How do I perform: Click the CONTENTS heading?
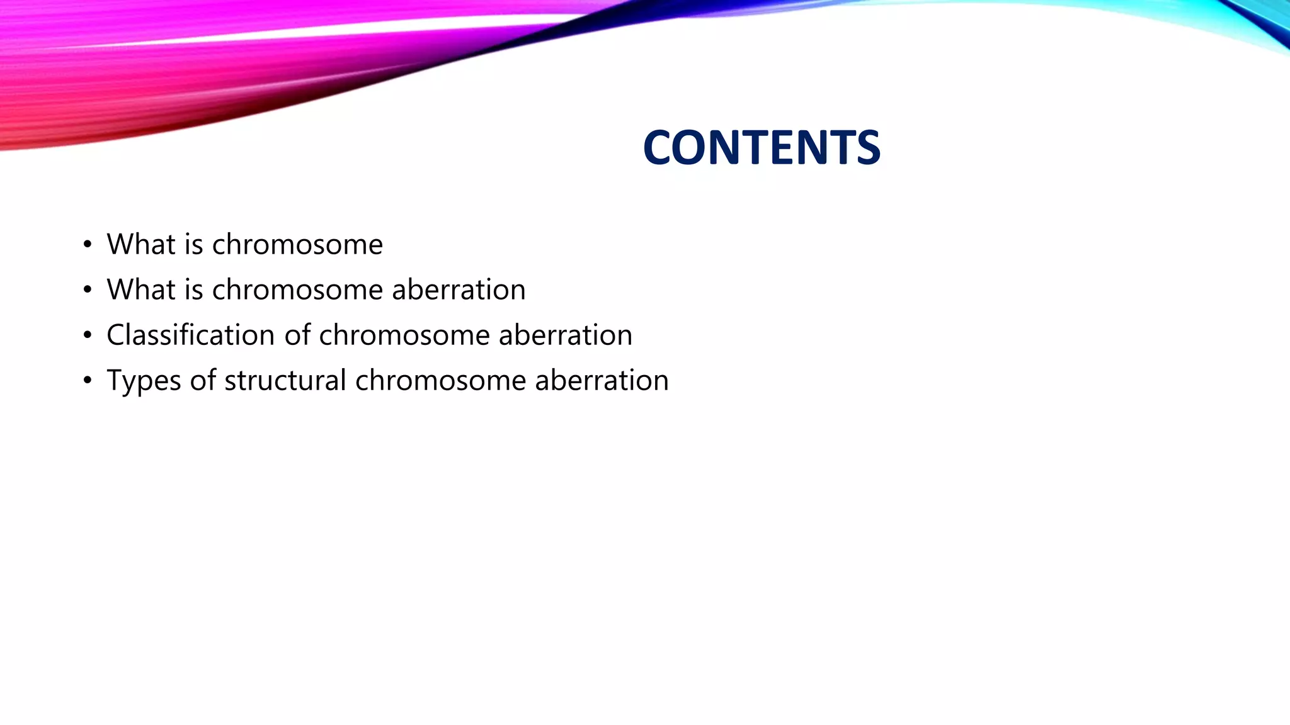(761, 148)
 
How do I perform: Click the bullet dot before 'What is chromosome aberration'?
(88, 290)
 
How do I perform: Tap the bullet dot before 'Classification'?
(88, 335)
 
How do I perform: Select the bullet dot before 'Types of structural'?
(88, 381)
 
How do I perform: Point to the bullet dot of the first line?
(88, 245)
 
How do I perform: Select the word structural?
(285, 380)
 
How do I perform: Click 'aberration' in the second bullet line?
(459, 289)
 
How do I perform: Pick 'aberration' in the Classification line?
(565, 335)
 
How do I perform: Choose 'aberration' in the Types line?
(602, 380)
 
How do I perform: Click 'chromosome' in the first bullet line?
(297, 244)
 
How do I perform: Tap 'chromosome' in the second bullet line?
(297, 289)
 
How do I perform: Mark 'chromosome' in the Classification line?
(404, 335)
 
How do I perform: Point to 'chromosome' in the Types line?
(440, 380)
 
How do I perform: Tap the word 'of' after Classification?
(297, 335)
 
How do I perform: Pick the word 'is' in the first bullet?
(193, 244)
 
